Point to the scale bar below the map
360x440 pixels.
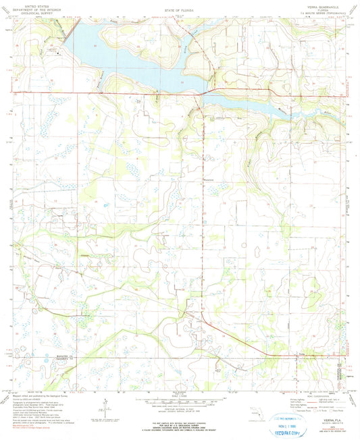coord(179,395)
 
